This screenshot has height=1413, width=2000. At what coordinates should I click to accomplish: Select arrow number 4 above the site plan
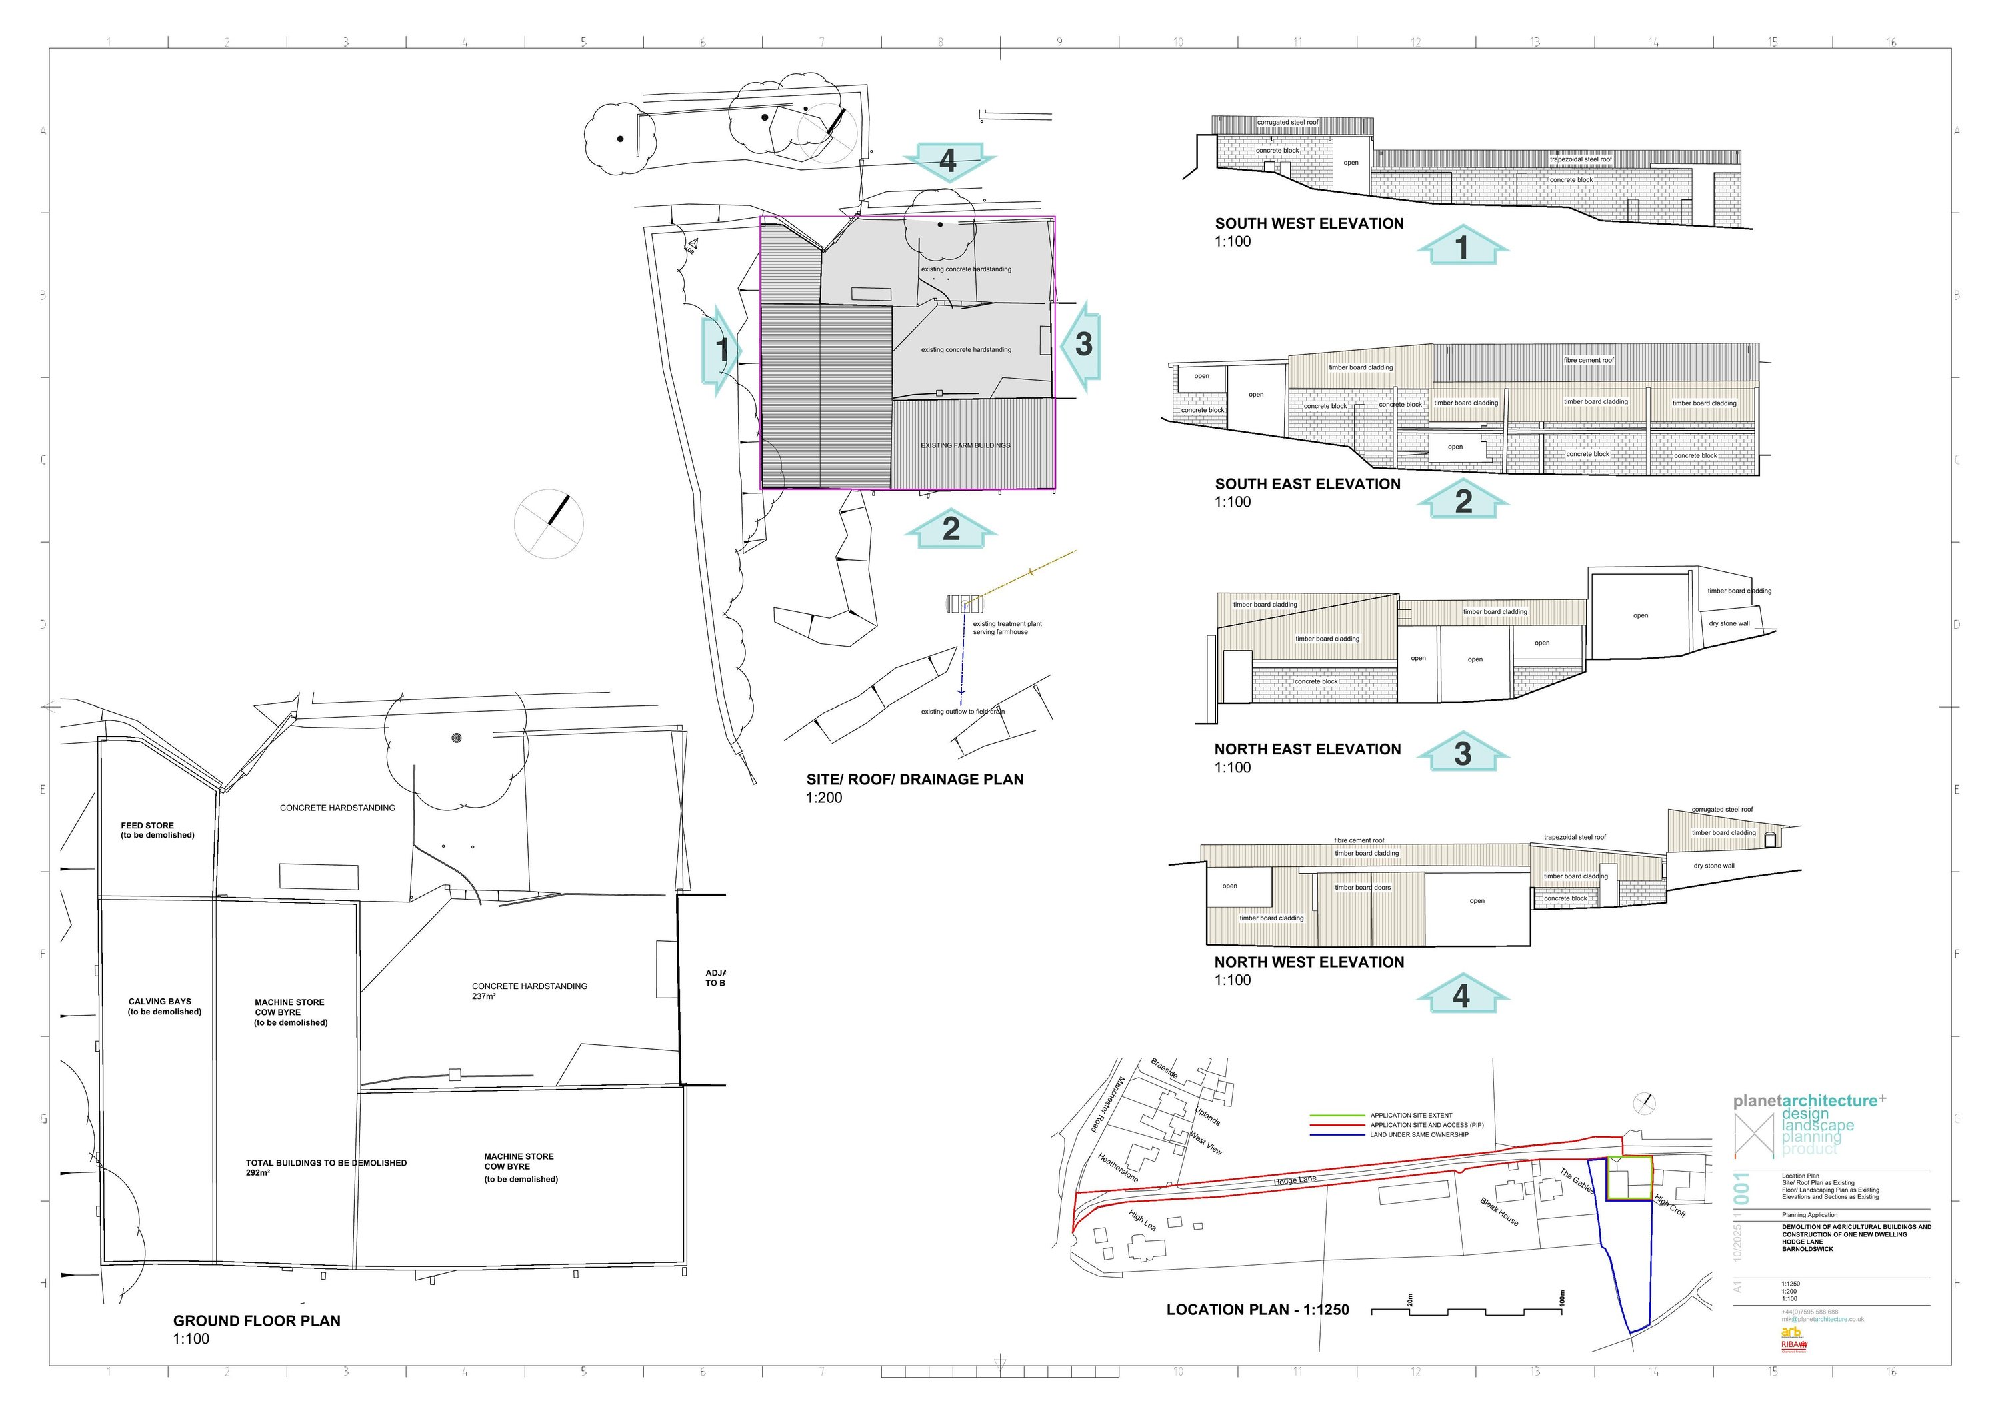pos(948,161)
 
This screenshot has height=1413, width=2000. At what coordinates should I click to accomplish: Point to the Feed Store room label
pos(147,825)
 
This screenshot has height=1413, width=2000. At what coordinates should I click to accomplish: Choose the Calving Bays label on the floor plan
pos(160,1002)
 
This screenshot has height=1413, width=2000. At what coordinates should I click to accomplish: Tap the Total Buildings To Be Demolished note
pos(326,1163)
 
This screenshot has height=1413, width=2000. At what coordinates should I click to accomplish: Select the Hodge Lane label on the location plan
pos(1295,1180)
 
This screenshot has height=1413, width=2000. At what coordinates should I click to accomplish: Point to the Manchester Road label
pos(1108,1105)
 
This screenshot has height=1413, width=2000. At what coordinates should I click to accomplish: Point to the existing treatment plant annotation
pos(1007,627)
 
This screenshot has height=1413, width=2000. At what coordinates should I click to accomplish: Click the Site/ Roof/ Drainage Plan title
pos(915,779)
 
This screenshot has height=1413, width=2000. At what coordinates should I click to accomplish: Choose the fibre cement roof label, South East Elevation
pos(1588,360)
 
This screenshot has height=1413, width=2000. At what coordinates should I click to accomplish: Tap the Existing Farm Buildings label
pos(965,445)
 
